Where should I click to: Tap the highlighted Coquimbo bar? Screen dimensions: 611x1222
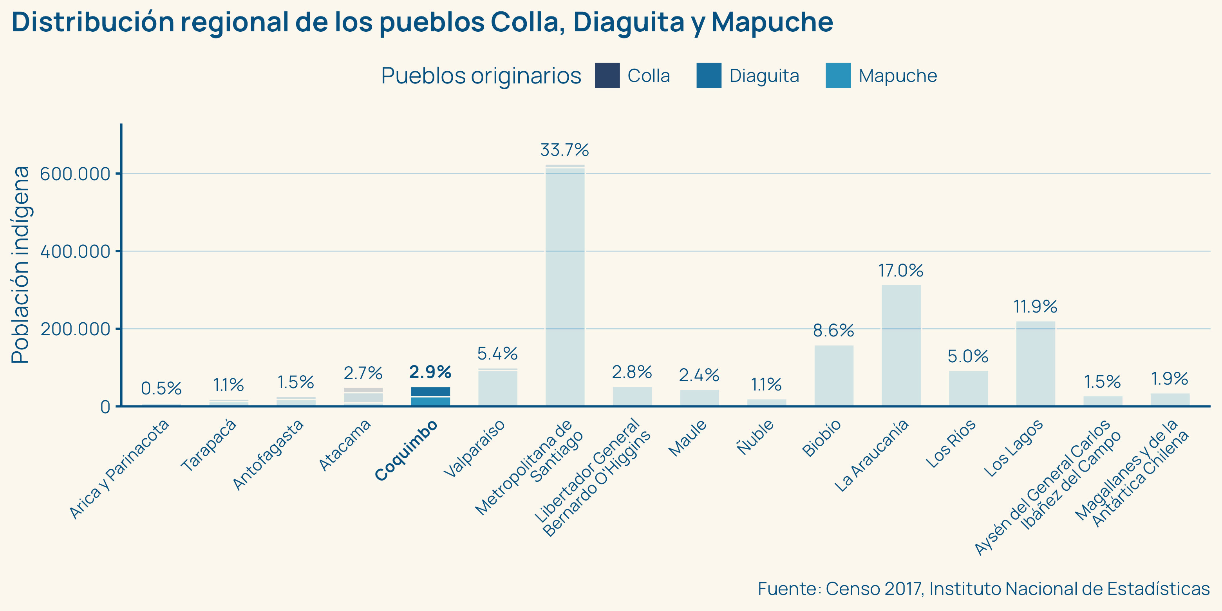click(431, 397)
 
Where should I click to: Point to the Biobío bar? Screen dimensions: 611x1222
click(834, 375)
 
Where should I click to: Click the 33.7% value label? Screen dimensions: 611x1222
click(564, 150)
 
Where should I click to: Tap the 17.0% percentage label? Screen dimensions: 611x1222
click(901, 271)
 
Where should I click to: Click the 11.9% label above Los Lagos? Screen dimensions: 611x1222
click(1036, 307)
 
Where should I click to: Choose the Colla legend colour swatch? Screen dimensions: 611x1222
click(607, 76)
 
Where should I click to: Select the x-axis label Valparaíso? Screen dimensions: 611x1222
click(474, 448)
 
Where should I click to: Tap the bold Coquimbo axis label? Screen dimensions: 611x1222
click(406, 451)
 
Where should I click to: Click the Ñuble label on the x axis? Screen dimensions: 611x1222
click(756, 437)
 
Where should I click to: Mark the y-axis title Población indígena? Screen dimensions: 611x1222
click(20, 265)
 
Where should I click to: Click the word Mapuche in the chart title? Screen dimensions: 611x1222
click(772, 22)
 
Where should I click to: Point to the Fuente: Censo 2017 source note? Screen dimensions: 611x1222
click(983, 589)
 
